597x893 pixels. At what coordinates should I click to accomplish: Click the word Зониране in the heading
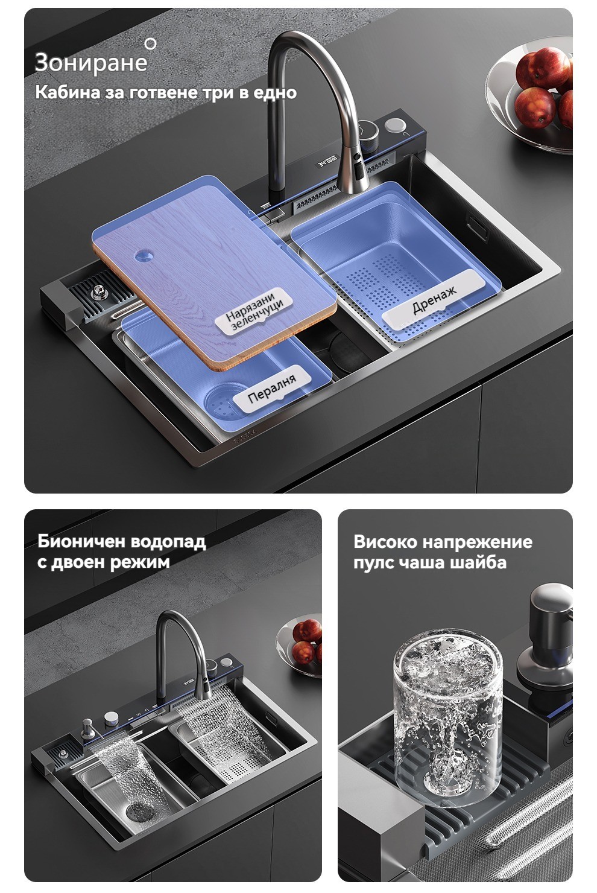point(91,63)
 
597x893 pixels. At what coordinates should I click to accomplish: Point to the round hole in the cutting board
point(144,255)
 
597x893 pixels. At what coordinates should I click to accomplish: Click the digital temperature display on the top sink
point(327,163)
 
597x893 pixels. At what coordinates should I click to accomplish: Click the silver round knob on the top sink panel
point(395,126)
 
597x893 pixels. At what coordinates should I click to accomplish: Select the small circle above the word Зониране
point(150,44)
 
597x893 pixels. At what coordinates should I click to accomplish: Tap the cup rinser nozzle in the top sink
point(97,293)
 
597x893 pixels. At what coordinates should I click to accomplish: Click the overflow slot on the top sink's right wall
point(478,227)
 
